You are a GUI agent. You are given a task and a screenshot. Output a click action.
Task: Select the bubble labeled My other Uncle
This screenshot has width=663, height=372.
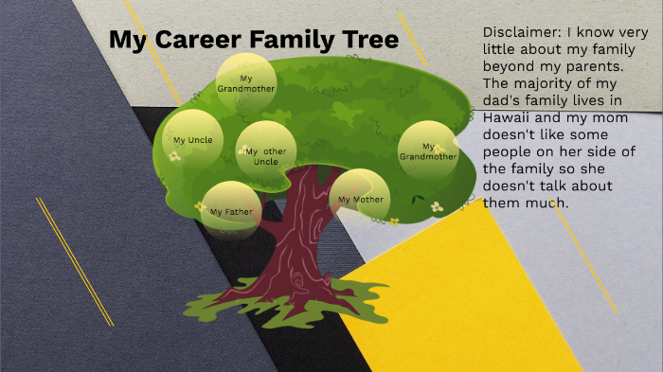tap(266, 152)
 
